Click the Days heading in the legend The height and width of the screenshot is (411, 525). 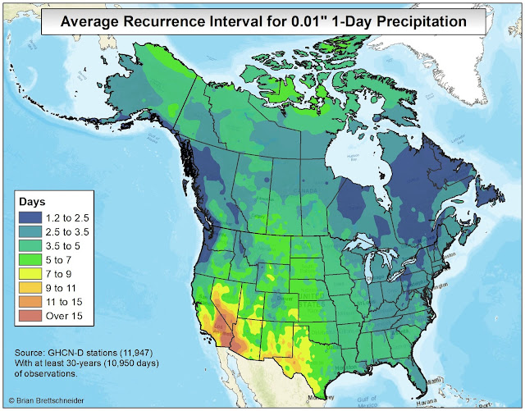tap(34, 201)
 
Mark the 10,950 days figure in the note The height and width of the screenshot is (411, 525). tap(116, 363)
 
